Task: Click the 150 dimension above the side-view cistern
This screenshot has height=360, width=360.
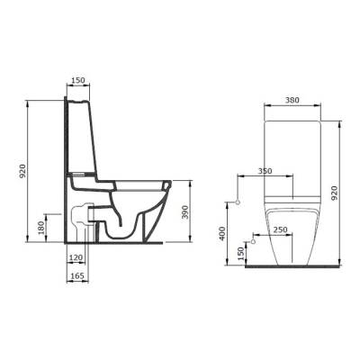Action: click(78, 80)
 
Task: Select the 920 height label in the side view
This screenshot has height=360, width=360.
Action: click(23, 171)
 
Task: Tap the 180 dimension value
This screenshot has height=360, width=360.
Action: click(41, 228)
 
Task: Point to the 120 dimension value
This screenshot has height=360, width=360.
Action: click(76, 257)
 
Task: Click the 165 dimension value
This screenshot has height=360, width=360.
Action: click(77, 275)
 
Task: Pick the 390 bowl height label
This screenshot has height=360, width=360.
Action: click(185, 212)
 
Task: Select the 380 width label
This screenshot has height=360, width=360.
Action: click(292, 100)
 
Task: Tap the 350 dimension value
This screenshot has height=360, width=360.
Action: click(265, 171)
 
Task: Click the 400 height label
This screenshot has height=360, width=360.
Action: click(222, 233)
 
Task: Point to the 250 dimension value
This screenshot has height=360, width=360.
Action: click(281, 229)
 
